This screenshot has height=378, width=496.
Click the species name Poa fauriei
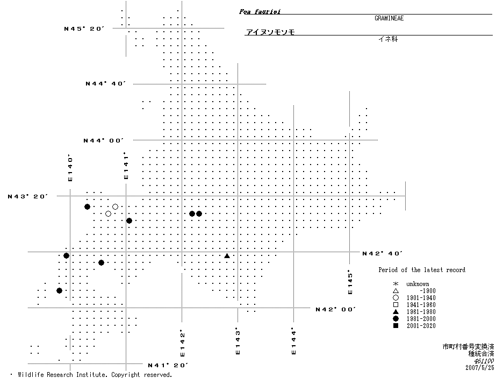pos(260,11)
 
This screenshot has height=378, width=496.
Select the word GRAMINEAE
pos(389,18)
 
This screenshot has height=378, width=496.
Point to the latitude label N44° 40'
pos(106,84)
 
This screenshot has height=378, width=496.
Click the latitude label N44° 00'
pos(104,140)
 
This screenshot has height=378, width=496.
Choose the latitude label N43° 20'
pos(28,196)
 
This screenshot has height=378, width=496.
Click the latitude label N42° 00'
pos(336,309)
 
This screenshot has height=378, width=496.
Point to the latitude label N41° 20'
pos(168,366)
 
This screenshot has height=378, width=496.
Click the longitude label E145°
pos(350,282)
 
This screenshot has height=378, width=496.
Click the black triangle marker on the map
pos(227,256)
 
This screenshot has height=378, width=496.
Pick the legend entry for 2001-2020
pos(421,326)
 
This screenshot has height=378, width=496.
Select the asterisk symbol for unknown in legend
pos(396,284)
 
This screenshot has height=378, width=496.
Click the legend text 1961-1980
pos(421,312)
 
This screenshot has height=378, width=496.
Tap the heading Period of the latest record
pos(422,270)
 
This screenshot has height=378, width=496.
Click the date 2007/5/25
pos(479,368)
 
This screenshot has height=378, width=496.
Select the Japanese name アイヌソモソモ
pos(270,32)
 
